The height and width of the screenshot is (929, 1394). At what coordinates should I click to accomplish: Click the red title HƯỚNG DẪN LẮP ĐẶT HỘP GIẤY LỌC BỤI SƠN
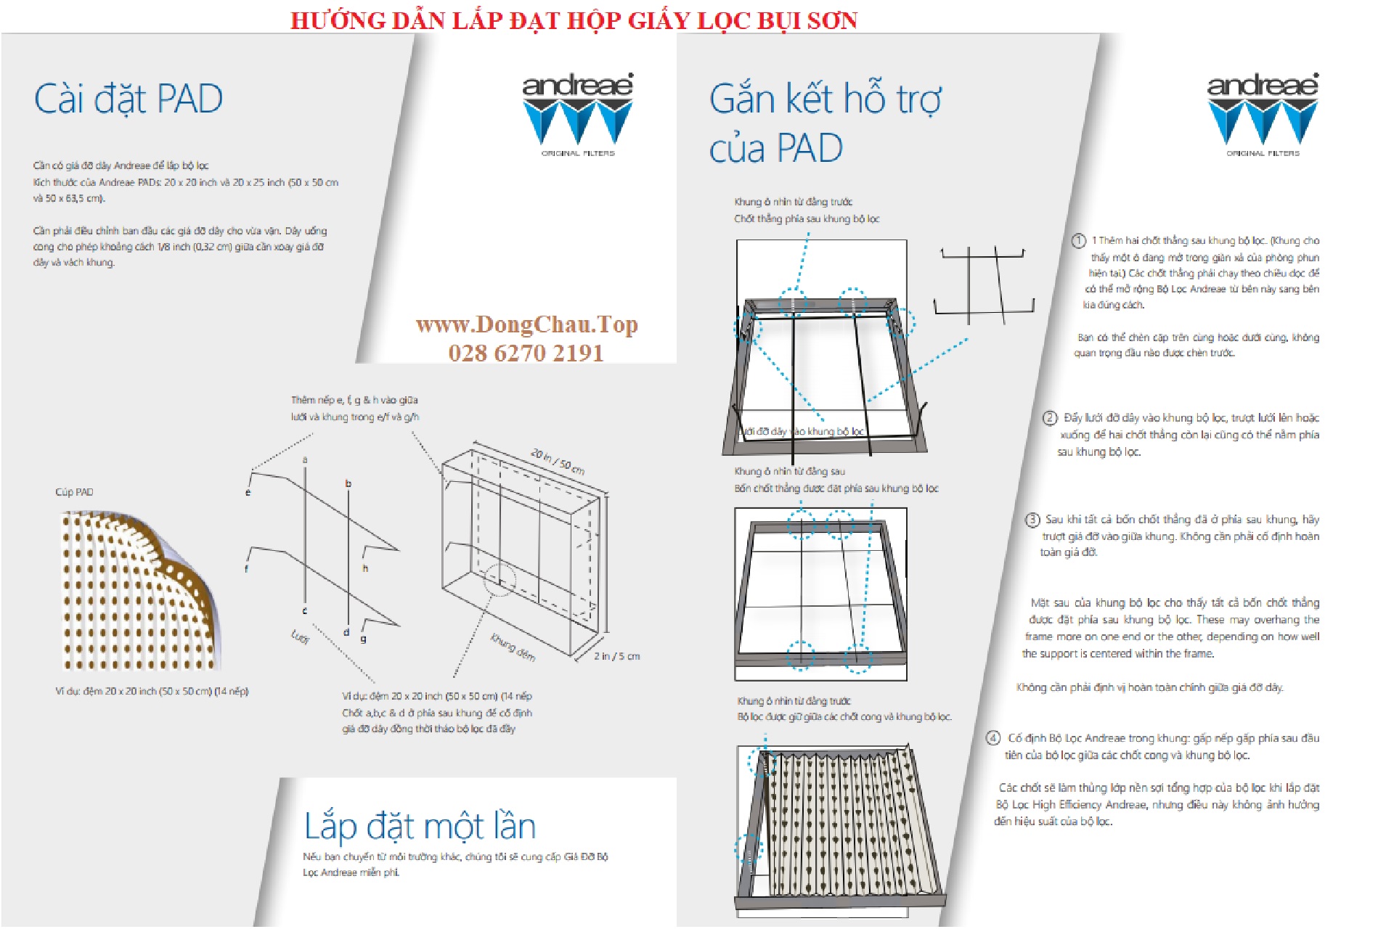[x=574, y=20]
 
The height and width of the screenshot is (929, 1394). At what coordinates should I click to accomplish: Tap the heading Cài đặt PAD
[x=128, y=99]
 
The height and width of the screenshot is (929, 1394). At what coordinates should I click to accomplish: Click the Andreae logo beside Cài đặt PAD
[x=578, y=114]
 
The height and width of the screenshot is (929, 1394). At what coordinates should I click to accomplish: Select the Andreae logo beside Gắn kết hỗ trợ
[x=1263, y=114]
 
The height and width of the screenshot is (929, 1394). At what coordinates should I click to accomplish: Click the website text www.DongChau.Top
[x=526, y=324]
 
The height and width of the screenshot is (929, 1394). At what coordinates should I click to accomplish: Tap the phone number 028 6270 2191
[x=526, y=353]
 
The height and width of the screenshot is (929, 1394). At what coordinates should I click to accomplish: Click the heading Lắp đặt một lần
[x=420, y=826]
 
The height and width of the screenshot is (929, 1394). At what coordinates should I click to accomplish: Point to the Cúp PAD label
[x=74, y=492]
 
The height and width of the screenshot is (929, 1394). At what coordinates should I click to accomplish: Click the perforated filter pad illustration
[x=138, y=592]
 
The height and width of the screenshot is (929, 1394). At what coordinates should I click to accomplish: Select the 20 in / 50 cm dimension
[x=558, y=462]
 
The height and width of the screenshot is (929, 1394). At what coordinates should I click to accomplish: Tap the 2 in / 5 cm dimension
[x=616, y=656]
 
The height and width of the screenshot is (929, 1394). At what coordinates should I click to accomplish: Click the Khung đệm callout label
[x=513, y=647]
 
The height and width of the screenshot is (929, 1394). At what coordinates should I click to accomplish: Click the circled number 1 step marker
[x=1079, y=241]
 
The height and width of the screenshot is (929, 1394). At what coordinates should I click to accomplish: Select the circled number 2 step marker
[x=1050, y=418]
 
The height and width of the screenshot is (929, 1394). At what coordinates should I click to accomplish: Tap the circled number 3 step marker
[x=1032, y=520]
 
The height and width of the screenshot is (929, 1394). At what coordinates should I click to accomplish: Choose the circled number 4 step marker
[x=992, y=738]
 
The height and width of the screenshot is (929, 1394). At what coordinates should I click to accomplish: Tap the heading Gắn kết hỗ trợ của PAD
[x=825, y=123]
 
